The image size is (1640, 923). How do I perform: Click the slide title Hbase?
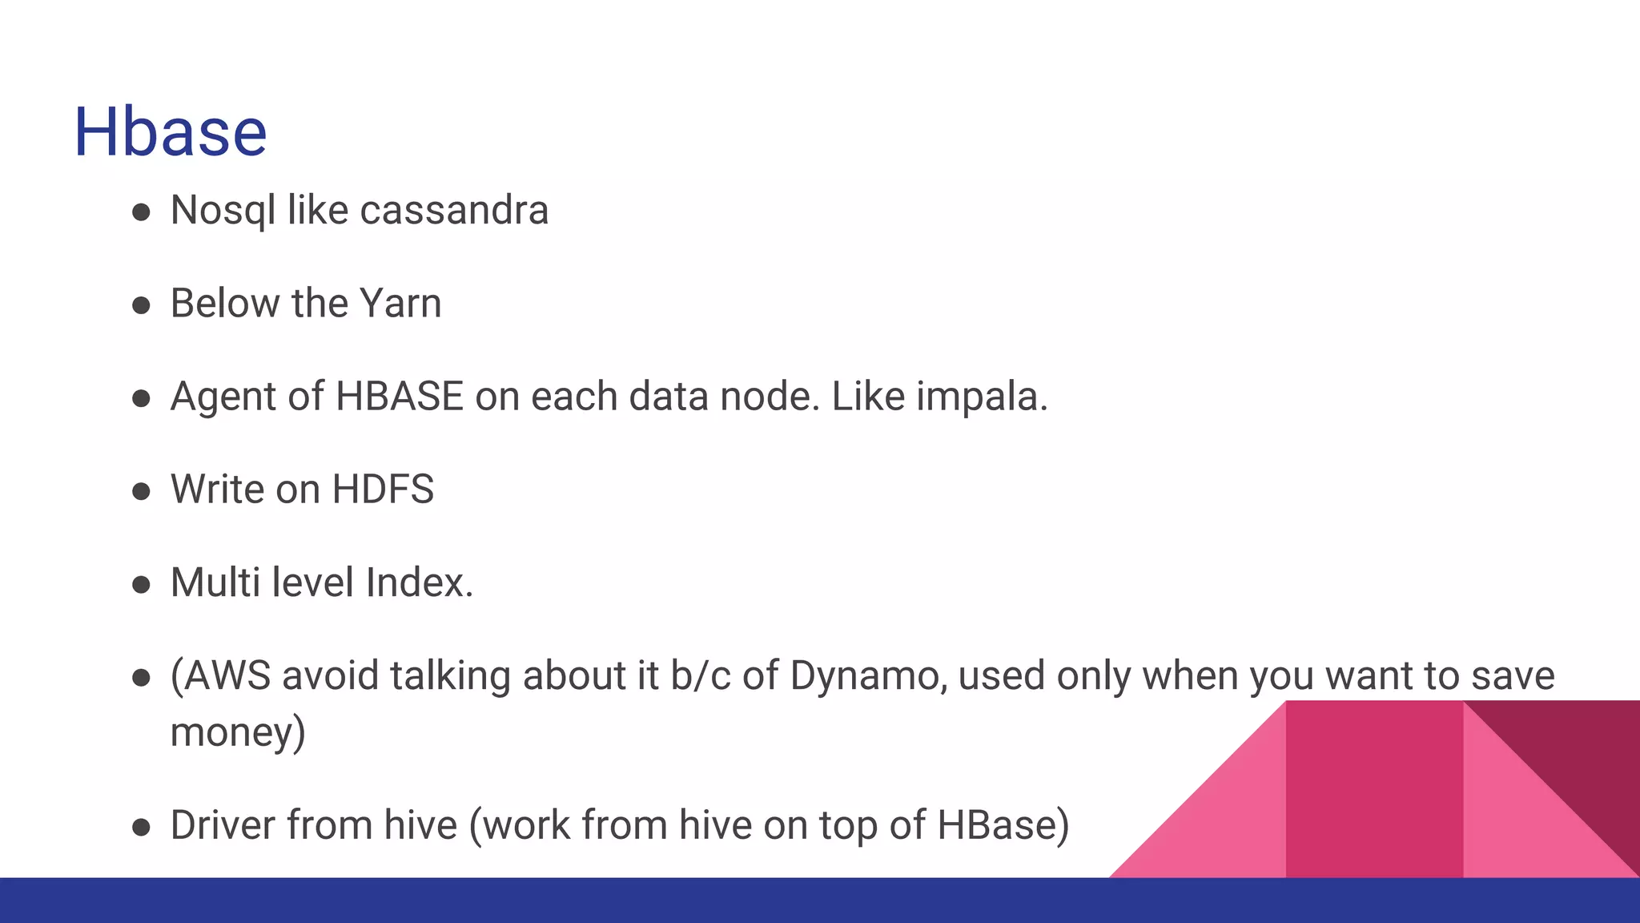pos(170,132)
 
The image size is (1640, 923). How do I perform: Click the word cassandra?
pos(454,211)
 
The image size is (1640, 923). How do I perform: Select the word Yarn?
pos(400,304)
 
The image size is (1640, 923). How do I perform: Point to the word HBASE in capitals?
pos(399,397)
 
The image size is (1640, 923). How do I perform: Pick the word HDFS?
pos(383,490)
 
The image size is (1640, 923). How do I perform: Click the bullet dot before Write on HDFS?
pos(142,491)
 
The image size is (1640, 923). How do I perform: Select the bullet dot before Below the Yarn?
pos(142,305)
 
